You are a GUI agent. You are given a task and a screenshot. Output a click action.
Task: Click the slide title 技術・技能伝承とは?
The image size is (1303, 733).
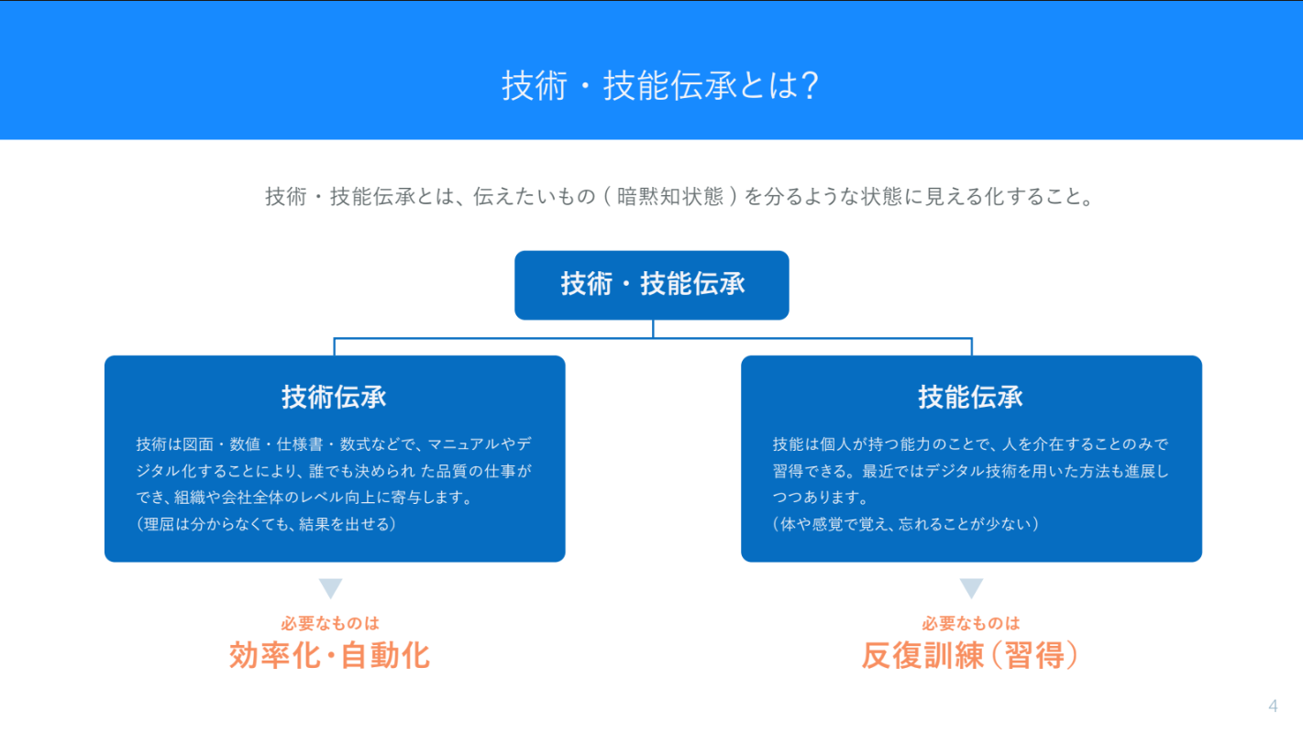pyautogui.click(x=660, y=85)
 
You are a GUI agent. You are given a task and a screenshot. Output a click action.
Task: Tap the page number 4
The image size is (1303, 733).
pyautogui.click(x=1273, y=706)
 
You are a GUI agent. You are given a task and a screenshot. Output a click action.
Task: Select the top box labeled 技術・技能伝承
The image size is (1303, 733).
pyautogui.click(x=651, y=285)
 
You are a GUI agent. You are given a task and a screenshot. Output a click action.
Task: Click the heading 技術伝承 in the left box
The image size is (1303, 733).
pyautogui.click(x=334, y=397)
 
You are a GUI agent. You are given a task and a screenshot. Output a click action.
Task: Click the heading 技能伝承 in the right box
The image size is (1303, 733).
pyautogui.click(x=970, y=397)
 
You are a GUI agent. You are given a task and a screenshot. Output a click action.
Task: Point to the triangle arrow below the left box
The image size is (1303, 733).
pyautogui.click(x=330, y=587)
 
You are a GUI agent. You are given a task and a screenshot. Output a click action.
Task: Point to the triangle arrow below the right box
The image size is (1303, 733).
pyautogui.click(x=971, y=587)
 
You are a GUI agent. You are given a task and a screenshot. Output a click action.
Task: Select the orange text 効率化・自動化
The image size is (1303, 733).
pyautogui.click(x=330, y=656)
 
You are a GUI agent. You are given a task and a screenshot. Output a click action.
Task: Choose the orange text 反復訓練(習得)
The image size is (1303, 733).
pyautogui.click(x=970, y=656)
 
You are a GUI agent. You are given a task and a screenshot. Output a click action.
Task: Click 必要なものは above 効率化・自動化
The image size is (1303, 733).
pyautogui.click(x=330, y=624)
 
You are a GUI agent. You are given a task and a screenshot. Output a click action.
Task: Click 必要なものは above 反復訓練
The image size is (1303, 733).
pyautogui.click(x=971, y=624)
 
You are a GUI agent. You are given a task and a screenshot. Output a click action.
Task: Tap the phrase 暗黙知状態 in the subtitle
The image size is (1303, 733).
pyautogui.click(x=670, y=196)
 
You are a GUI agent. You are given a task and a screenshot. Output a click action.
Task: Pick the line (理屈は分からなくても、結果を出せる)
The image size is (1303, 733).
pyautogui.click(x=267, y=524)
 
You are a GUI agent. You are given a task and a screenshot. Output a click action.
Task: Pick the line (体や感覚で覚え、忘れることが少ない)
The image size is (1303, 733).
pyautogui.click(x=906, y=524)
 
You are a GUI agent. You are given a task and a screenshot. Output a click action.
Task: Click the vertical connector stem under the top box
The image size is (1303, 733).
pyautogui.click(x=653, y=328)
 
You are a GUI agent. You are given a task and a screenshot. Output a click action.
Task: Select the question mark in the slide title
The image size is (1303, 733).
pyautogui.click(x=810, y=85)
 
